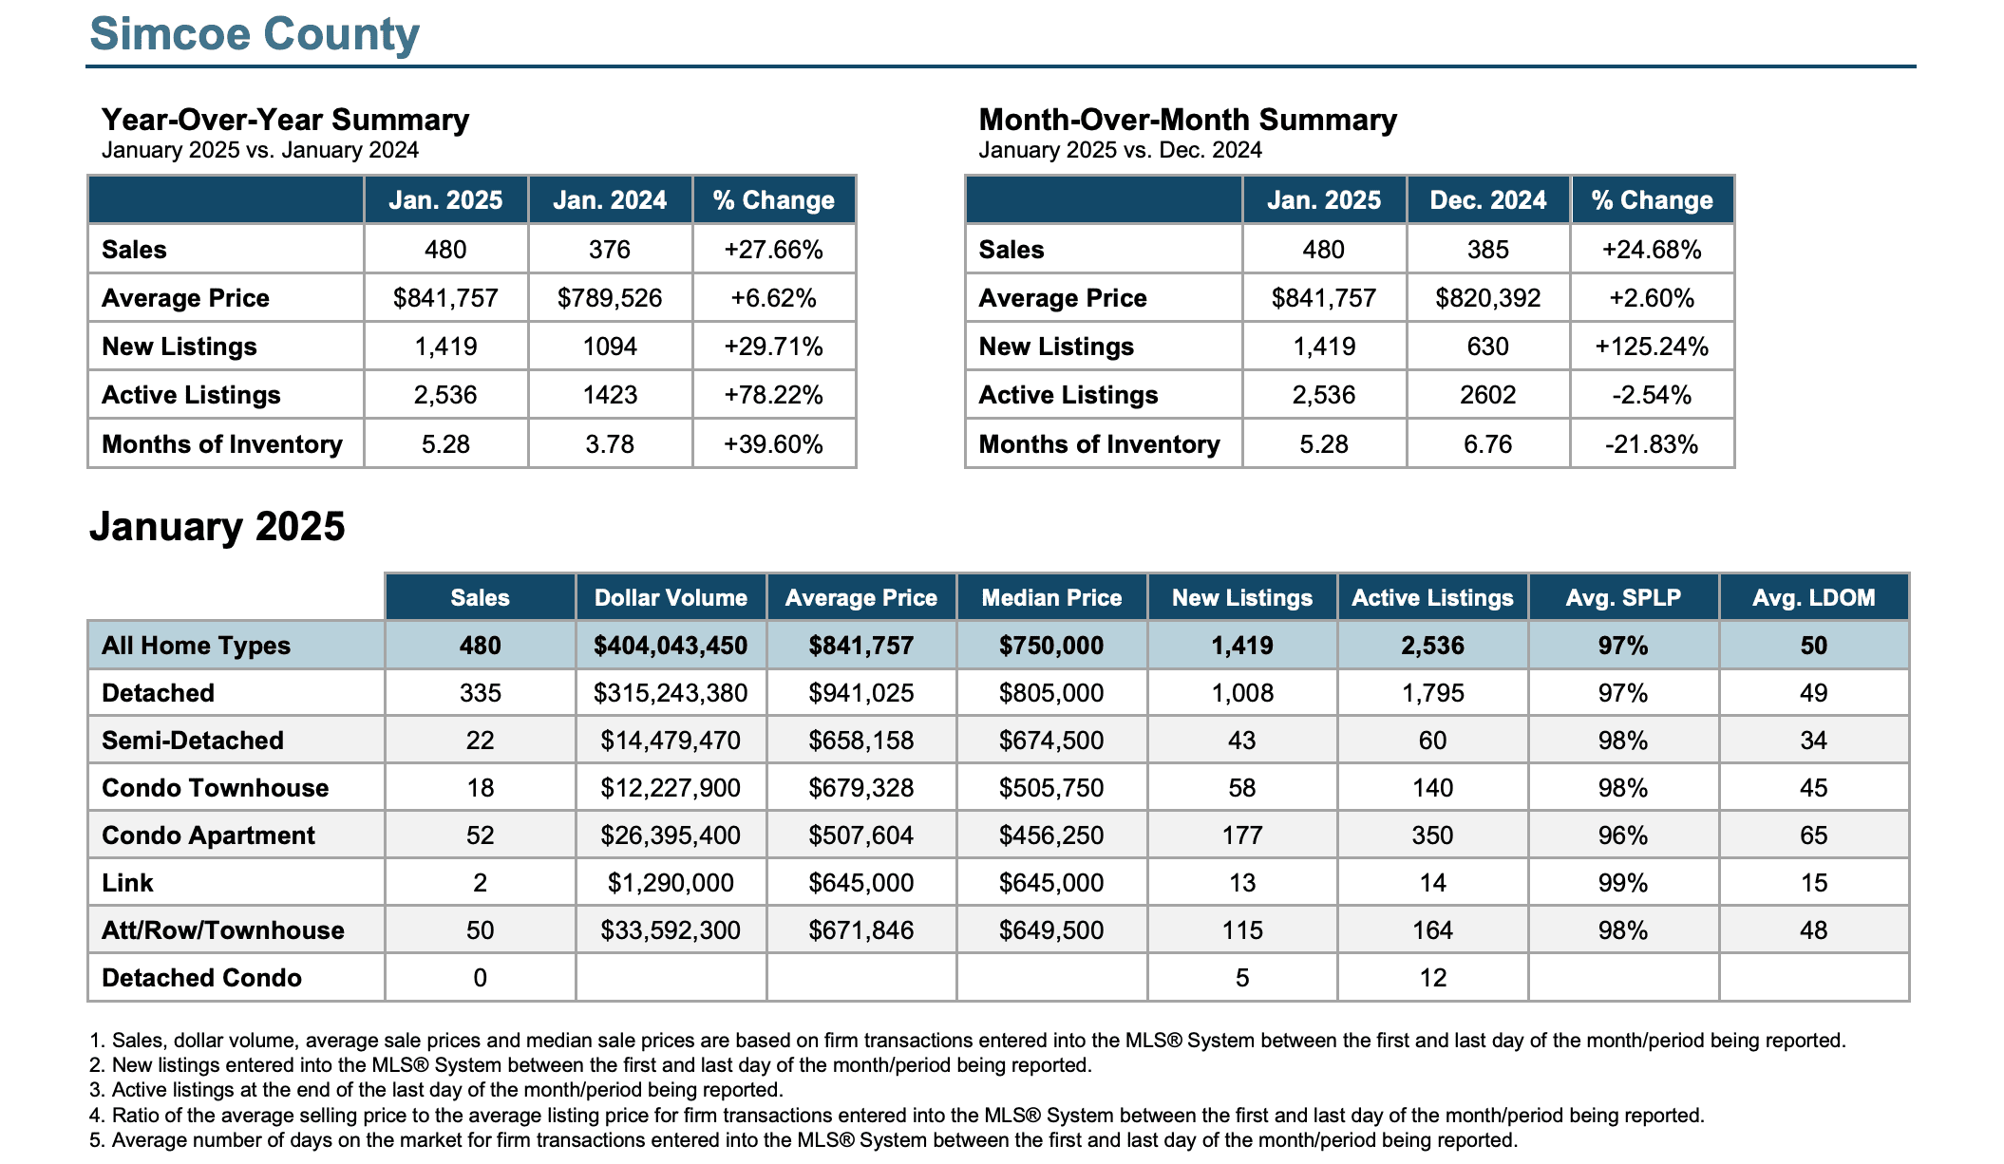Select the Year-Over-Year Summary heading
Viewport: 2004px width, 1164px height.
tap(285, 120)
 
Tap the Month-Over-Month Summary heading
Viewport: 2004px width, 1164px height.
tap(1187, 120)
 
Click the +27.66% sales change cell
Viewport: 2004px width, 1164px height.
tap(773, 250)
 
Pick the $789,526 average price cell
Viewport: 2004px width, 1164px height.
tap(610, 298)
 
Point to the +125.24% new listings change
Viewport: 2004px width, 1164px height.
tap(1652, 347)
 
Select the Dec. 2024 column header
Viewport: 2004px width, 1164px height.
tap(1488, 200)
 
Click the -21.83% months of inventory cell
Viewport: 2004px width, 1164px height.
tap(1652, 444)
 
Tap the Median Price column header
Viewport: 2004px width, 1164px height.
tap(1051, 598)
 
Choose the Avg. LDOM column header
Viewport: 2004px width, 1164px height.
tap(1814, 598)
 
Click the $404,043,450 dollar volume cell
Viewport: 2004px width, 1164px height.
tap(671, 646)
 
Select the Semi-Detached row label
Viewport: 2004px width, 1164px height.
tap(193, 741)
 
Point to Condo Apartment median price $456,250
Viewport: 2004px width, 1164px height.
tap(1051, 835)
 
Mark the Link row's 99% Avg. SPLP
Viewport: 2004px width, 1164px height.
tap(1623, 883)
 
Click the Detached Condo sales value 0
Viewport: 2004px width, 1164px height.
tap(481, 978)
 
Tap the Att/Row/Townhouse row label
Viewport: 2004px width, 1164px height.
tap(223, 930)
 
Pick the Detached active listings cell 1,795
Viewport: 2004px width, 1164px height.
tap(1433, 693)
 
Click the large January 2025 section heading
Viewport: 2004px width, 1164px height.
tap(217, 527)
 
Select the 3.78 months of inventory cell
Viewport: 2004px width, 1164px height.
tap(610, 444)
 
